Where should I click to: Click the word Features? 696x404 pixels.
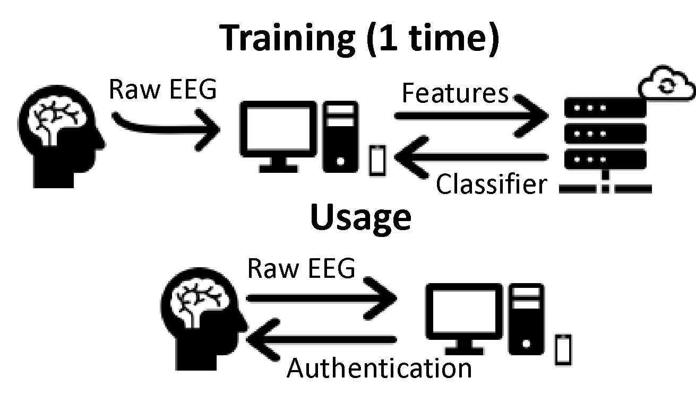pos(455,93)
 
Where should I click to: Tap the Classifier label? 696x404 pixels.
pos(491,185)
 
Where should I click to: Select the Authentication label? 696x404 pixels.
pos(379,367)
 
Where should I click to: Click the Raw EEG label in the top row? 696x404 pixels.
pos(162,89)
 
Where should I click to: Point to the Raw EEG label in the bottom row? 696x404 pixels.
pos(301,268)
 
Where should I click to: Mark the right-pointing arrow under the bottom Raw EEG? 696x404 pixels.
pos(322,299)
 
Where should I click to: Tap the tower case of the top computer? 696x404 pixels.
pos(340,137)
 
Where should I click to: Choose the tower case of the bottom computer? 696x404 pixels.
pos(526,318)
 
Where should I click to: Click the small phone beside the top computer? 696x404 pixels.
pos(376,160)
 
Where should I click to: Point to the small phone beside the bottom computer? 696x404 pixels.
pos(563,349)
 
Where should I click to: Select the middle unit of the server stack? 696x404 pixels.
pos(605,133)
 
